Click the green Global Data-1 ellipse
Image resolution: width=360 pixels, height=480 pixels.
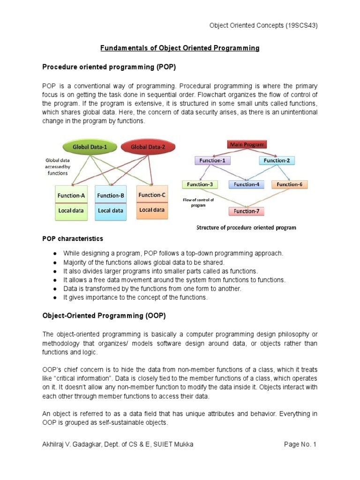[x=90, y=147]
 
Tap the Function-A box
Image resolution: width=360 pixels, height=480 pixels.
[x=71, y=195]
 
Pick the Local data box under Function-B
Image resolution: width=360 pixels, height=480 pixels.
[x=111, y=211]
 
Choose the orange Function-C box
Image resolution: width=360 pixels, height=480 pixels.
[x=152, y=195]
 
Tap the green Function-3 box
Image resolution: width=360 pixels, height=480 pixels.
[x=200, y=184]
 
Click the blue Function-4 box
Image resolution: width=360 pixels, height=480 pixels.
[x=246, y=184]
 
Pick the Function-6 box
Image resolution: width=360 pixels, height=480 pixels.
[x=289, y=184]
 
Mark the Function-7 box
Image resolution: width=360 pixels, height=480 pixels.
[x=247, y=211]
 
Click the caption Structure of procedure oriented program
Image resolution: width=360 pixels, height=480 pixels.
[x=246, y=228]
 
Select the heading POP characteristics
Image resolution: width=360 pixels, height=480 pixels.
[x=73, y=239]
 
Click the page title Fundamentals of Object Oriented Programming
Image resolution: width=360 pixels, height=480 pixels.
[x=180, y=48]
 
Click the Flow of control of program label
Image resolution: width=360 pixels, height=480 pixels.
[x=198, y=202]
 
